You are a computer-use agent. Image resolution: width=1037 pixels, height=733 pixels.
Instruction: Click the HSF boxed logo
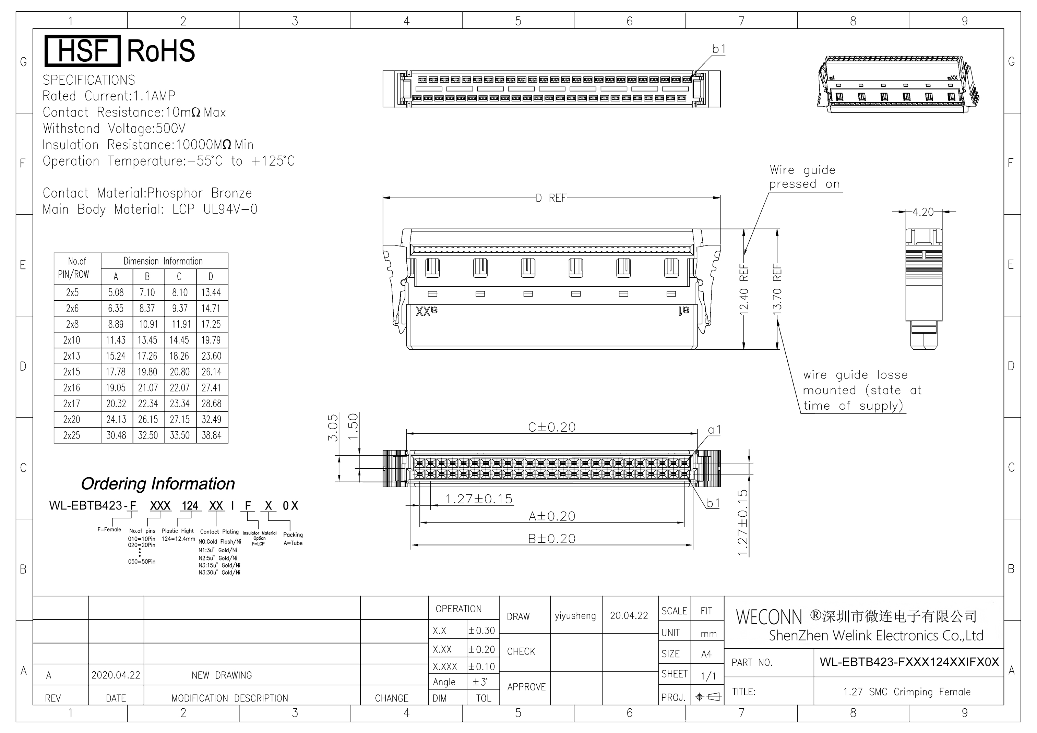(x=83, y=51)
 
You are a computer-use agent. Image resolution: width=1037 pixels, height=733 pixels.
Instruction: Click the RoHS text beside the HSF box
(x=161, y=51)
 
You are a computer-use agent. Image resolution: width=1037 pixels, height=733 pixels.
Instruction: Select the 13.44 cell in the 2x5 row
(x=211, y=293)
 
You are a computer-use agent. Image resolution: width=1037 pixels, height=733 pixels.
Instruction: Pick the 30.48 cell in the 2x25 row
(x=116, y=436)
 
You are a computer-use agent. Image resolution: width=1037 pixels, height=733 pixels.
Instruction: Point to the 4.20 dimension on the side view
(x=923, y=212)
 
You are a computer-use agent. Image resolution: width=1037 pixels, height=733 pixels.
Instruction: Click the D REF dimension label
(x=551, y=198)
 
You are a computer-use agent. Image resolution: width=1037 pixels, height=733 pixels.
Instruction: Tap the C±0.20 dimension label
(x=552, y=427)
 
